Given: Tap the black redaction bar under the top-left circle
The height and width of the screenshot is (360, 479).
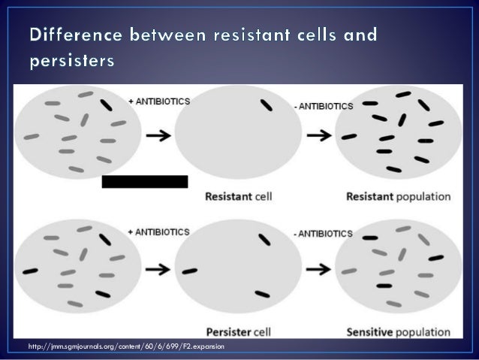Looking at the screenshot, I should click(144, 181).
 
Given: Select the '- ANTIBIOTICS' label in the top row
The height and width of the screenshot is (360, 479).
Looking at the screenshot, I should click(325, 107).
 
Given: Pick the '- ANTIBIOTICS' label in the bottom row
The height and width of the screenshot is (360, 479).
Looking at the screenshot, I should click(325, 234).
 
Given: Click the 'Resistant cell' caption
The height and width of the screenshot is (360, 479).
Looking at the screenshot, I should click(238, 198).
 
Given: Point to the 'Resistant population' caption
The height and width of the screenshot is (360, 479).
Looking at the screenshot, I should click(398, 198).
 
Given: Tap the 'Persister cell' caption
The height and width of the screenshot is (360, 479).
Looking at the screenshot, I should click(239, 331).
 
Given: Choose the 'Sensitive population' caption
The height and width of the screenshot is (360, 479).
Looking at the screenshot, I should click(398, 331).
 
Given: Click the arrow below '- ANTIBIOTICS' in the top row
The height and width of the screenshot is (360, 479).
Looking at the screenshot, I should click(321, 136).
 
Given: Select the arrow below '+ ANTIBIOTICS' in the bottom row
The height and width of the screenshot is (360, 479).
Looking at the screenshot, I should click(156, 268).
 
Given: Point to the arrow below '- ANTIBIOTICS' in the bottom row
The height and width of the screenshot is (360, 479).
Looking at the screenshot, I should click(321, 268).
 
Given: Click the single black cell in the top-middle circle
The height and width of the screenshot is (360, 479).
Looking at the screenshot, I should click(266, 107).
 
